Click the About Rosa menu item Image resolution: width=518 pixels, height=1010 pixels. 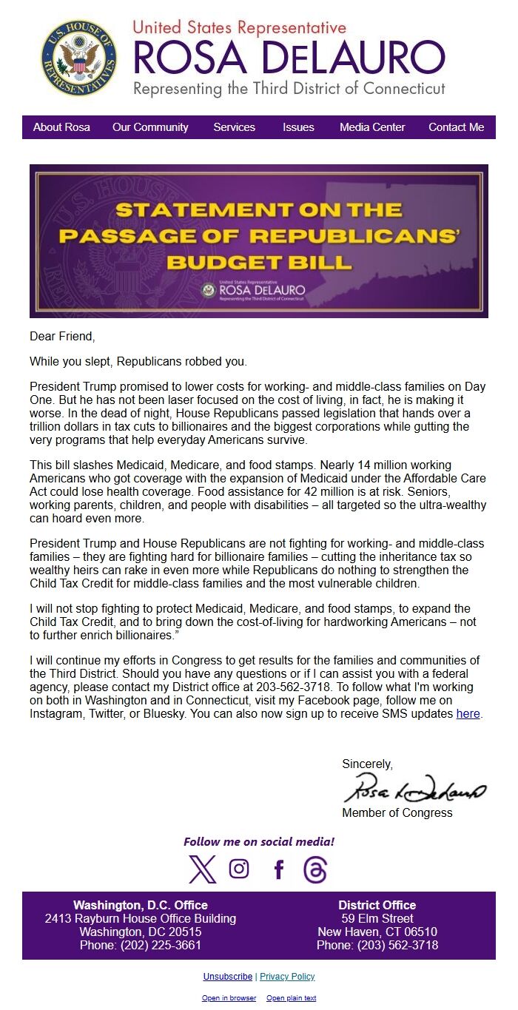click(x=61, y=127)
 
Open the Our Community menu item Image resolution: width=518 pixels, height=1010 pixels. click(x=150, y=127)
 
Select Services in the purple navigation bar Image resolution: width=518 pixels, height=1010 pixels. click(x=234, y=127)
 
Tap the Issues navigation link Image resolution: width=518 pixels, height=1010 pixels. click(x=298, y=127)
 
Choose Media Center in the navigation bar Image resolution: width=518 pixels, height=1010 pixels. click(x=372, y=127)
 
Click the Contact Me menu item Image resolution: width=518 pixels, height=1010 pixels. click(x=456, y=127)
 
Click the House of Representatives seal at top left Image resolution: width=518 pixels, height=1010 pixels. click(x=78, y=58)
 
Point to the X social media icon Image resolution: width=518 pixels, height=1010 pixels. click(x=202, y=869)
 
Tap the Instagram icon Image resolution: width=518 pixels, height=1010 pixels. click(x=239, y=869)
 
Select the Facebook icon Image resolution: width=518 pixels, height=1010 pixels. click(x=278, y=869)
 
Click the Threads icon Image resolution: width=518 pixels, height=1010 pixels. click(x=315, y=869)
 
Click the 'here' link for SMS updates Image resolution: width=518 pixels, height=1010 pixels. click(x=468, y=714)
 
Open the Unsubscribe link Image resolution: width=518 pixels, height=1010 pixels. click(x=228, y=977)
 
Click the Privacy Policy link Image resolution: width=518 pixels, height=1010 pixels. click(x=287, y=977)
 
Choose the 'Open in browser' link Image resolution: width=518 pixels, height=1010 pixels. click(x=229, y=998)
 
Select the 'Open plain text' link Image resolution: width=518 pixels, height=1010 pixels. click(x=291, y=998)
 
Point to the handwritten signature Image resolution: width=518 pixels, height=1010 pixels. click(x=414, y=789)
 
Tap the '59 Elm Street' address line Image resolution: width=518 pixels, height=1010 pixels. click(x=377, y=918)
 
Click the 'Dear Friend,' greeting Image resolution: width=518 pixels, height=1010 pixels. click(x=62, y=337)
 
